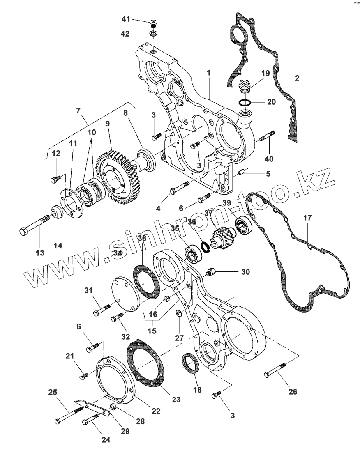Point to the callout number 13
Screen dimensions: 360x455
(x=39, y=253)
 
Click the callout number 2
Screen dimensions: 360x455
(x=296, y=77)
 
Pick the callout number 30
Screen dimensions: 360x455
(x=245, y=271)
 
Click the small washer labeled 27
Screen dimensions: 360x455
(x=180, y=315)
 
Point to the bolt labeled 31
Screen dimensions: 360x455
(x=103, y=309)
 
